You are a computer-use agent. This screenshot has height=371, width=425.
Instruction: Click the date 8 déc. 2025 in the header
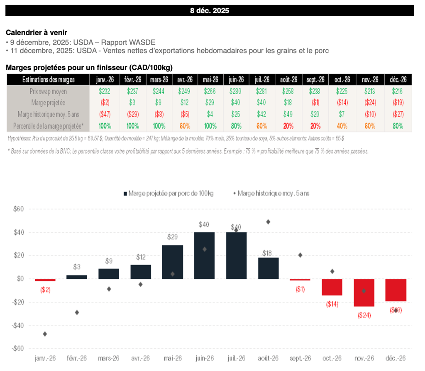tap(209, 11)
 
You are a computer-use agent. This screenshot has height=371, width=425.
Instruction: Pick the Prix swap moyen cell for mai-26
tap(210, 91)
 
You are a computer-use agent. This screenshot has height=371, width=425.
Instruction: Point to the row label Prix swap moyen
tap(48, 91)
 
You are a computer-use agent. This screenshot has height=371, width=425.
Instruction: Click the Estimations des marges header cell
tap(48, 79)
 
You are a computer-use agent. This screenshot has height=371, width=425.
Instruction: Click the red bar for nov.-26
tap(364, 293)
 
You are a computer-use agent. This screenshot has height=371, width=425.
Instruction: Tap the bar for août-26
tap(269, 268)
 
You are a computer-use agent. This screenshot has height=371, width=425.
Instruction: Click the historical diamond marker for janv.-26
tap(44, 334)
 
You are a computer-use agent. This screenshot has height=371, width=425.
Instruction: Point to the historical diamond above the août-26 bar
tap(269, 222)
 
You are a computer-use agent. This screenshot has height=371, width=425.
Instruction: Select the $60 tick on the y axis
tap(17, 209)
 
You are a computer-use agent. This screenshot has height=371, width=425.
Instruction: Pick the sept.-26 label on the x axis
tap(300, 358)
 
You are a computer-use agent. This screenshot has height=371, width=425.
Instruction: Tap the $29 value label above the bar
tap(172, 237)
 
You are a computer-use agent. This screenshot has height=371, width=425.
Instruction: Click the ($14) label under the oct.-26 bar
tap(332, 304)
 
